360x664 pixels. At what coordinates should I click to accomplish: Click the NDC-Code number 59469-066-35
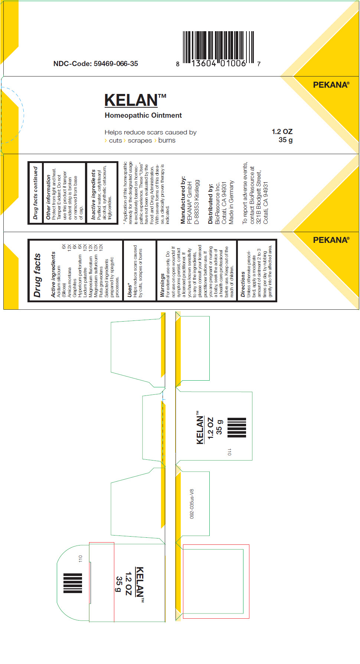pyautogui.click(x=115, y=64)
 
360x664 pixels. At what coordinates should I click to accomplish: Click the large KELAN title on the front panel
pyautogui.click(x=131, y=100)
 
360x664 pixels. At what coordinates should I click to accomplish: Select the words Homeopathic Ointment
pyautogui.click(x=143, y=115)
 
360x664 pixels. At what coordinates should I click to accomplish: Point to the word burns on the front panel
pyautogui.click(x=167, y=140)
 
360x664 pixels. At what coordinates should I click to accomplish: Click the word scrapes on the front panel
pyautogui.click(x=140, y=140)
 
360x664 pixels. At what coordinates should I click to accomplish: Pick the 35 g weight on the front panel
pyautogui.click(x=285, y=140)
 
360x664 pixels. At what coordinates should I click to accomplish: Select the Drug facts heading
pyautogui.click(x=37, y=275)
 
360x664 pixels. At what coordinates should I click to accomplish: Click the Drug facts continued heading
pyautogui.click(x=36, y=193)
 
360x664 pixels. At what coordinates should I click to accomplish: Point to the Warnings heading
pyautogui.click(x=162, y=285)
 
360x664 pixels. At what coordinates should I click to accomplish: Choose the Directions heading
pyautogui.click(x=243, y=284)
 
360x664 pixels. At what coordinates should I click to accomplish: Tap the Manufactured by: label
pyautogui.click(x=183, y=200)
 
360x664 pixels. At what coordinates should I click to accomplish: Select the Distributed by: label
pyautogui.click(x=210, y=204)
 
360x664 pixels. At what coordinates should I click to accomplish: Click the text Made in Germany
pyautogui.click(x=231, y=202)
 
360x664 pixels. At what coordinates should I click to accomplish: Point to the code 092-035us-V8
pyautogui.click(x=192, y=504)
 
